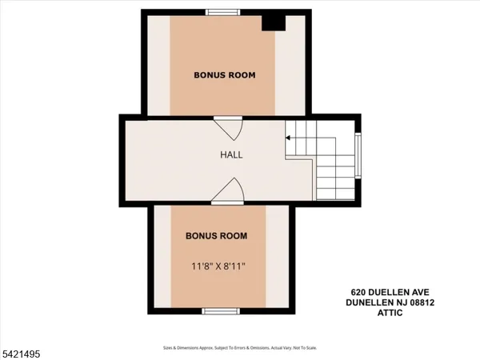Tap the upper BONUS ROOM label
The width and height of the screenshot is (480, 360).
pyautogui.click(x=225, y=75)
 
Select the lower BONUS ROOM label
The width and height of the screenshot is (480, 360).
pyautogui.click(x=216, y=236)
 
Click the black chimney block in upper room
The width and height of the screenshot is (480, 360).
pyautogui.click(x=274, y=22)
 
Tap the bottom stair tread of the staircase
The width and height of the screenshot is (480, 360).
pyautogui.click(x=336, y=194)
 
